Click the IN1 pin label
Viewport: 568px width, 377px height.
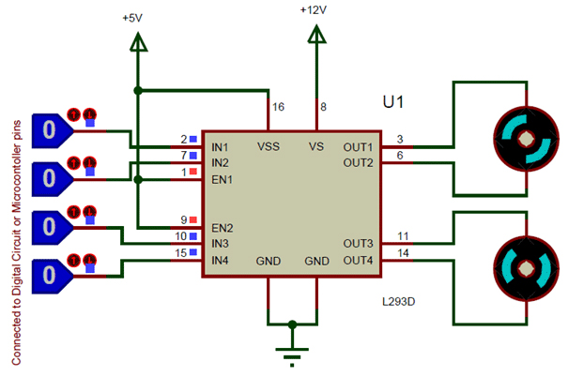pyautogui.click(x=221, y=147)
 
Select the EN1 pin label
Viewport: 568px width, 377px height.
pyautogui.click(x=223, y=178)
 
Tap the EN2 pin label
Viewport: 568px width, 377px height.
pyautogui.click(x=223, y=228)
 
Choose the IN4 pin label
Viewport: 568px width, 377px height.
pyautogui.click(x=221, y=260)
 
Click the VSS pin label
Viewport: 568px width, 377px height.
pyautogui.click(x=268, y=147)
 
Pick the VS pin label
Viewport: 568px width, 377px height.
pyautogui.click(x=316, y=147)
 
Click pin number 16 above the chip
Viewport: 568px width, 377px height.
pyautogui.click(x=278, y=108)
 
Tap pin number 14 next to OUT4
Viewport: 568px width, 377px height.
pyautogui.click(x=403, y=252)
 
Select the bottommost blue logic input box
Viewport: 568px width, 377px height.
pyautogui.click(x=52, y=274)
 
